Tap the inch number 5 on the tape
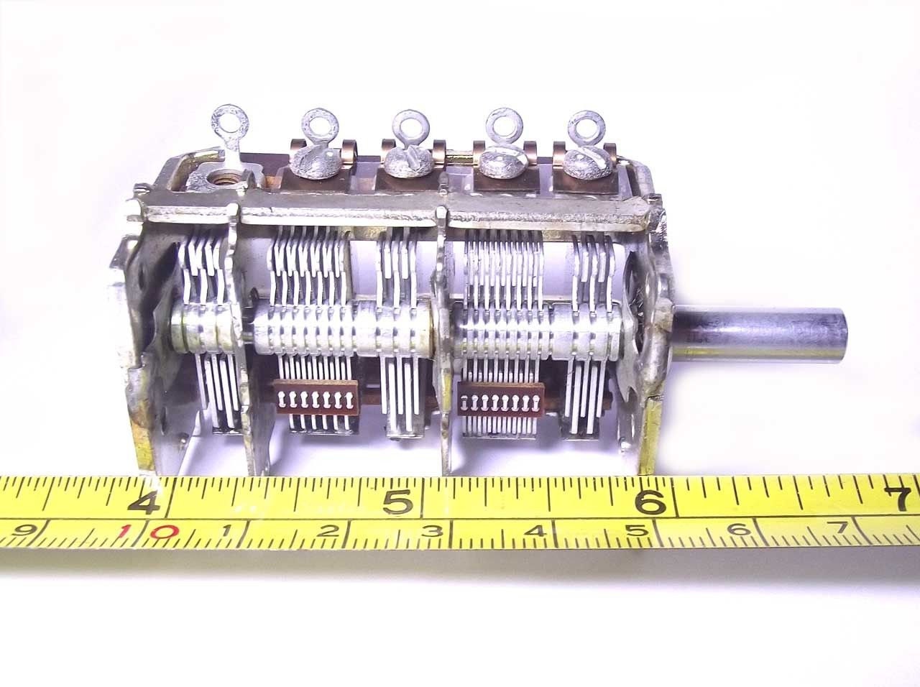(397, 500)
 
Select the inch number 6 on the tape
(650, 500)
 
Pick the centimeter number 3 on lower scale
(433, 532)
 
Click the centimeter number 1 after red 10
(227, 532)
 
